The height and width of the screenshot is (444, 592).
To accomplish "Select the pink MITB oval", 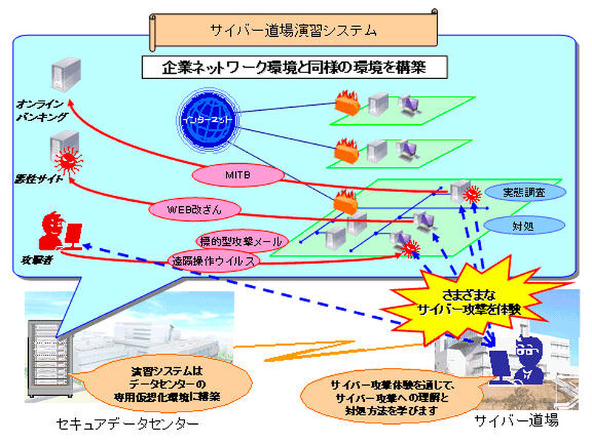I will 239,174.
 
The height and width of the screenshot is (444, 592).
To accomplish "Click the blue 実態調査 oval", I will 525,192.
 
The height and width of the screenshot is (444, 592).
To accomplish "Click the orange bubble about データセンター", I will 172,380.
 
